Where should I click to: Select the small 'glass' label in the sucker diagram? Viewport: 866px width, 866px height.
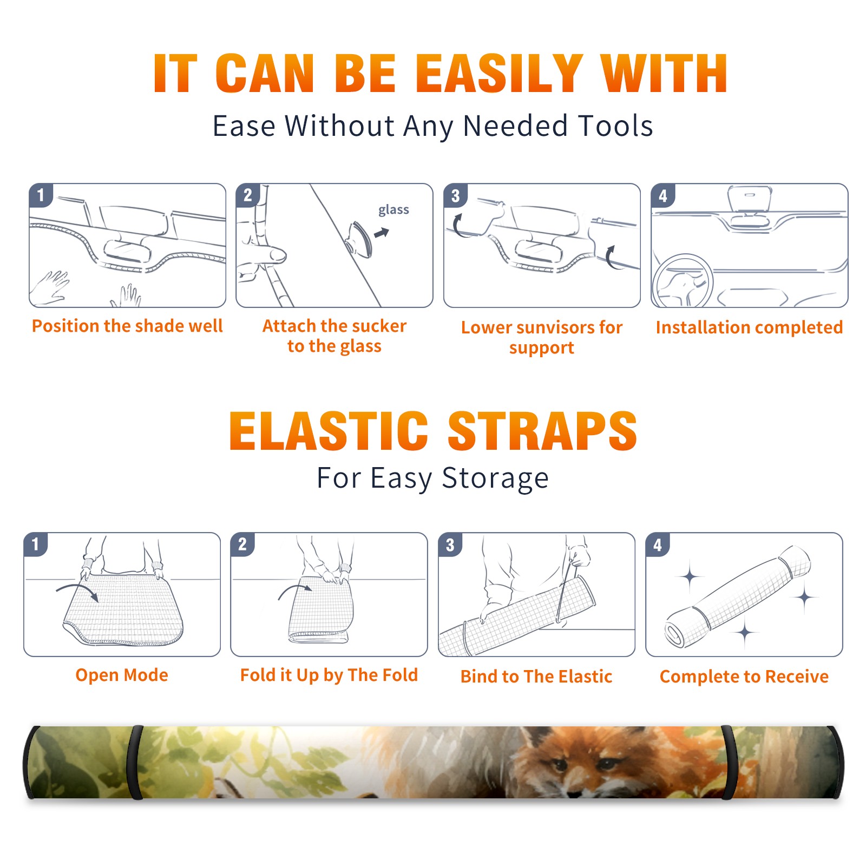tap(393, 210)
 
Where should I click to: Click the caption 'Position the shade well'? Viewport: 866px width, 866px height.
tap(127, 326)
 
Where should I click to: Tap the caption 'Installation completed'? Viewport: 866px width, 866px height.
tap(749, 327)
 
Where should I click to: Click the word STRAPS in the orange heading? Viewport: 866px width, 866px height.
tap(542, 431)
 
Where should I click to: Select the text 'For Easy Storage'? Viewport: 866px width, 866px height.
tap(433, 478)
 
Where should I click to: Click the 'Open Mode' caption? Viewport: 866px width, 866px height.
tap(122, 675)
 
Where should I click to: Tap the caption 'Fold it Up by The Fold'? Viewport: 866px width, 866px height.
tap(329, 675)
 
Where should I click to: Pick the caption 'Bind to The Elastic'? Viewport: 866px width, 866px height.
tap(536, 677)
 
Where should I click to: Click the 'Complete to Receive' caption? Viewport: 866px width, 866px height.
tap(744, 677)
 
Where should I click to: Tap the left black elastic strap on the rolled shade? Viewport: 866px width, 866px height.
tap(135, 763)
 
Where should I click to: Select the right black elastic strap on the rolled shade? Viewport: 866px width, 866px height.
tap(729, 763)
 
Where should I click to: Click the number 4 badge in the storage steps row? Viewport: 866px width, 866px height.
tap(658, 544)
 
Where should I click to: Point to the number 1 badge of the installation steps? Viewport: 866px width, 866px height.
tap(41, 195)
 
